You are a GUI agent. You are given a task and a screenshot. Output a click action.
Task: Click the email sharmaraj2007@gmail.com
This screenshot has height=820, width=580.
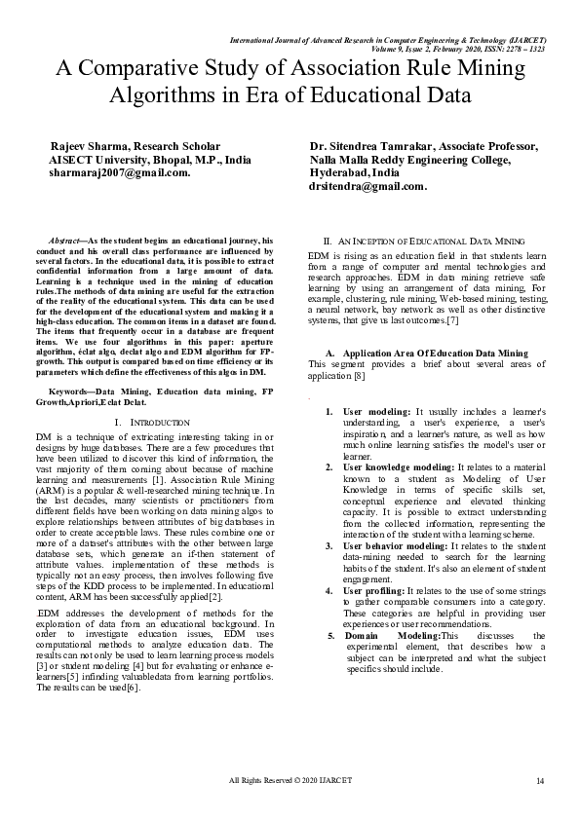click(x=119, y=172)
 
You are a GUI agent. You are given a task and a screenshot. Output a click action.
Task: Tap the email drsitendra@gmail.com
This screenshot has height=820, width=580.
click(x=367, y=186)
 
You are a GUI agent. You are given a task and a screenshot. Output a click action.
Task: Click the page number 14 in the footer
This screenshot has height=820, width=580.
click(x=539, y=782)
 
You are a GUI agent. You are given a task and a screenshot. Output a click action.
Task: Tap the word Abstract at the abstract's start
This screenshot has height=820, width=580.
click(x=65, y=240)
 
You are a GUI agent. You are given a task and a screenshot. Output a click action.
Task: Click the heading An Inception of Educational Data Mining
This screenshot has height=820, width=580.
click(x=430, y=240)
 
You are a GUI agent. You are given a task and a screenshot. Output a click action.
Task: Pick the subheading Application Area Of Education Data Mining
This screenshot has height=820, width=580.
click(x=435, y=352)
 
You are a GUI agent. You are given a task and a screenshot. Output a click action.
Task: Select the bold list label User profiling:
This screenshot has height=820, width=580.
click(x=371, y=590)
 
